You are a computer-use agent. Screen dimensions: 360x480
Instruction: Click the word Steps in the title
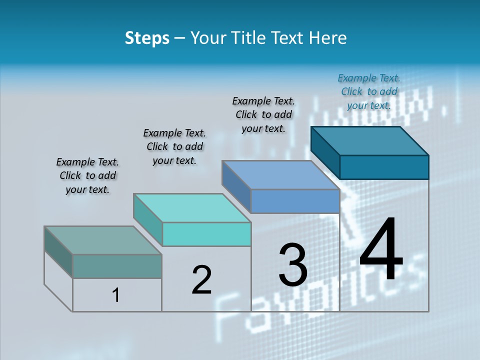pos(146,38)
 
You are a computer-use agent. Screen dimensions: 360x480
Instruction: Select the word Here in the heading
pos(328,38)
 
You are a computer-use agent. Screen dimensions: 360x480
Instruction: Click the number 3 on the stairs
pos(293,265)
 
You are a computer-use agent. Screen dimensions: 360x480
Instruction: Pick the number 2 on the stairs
pos(201,280)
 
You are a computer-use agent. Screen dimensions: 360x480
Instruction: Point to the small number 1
pos(116,295)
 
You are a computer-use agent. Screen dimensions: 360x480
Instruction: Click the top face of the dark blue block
pos(370,140)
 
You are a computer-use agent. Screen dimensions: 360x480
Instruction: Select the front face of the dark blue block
pos(384,167)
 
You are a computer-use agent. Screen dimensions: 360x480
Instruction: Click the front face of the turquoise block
pos(206,234)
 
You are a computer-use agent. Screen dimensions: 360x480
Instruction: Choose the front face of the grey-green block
pos(117,266)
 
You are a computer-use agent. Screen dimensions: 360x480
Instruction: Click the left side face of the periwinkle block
pos(236,186)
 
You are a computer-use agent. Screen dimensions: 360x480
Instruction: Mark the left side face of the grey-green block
pos(58,251)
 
